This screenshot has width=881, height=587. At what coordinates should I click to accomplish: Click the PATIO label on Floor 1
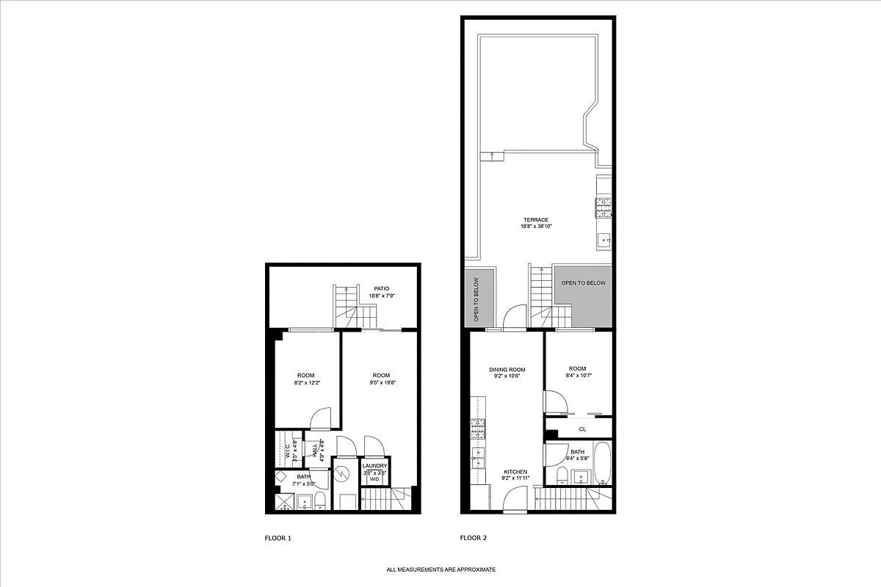coord(380,288)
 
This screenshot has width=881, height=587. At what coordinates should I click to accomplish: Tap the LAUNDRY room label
coord(374,466)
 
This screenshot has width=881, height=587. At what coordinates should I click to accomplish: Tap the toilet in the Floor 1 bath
coord(320,502)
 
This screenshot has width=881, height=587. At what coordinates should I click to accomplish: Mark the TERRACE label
coord(536,219)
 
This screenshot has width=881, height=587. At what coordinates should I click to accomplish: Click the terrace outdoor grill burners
coord(603,208)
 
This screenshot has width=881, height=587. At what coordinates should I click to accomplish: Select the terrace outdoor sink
coord(603,239)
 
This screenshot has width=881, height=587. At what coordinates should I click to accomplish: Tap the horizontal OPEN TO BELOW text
coord(584,283)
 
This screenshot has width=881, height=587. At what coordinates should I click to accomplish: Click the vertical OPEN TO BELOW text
coord(476,299)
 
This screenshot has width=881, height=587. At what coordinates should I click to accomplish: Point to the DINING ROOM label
coord(507,369)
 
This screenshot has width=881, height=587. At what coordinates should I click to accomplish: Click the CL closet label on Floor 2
coord(582,429)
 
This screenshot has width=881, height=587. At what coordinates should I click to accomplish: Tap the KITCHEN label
coord(516,472)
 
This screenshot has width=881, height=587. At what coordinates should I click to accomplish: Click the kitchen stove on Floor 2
coord(478,428)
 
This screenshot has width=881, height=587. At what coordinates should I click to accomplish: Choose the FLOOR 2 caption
coord(473,538)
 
